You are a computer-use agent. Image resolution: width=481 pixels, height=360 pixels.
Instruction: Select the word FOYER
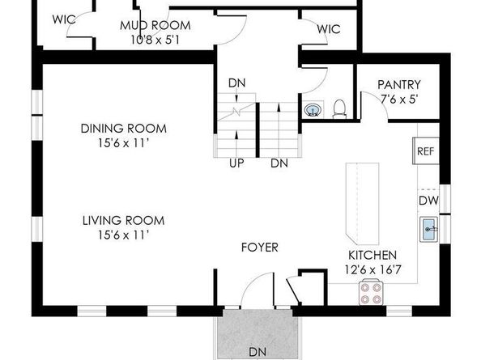(x=259, y=248)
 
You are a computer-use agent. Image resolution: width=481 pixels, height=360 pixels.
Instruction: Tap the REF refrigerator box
(x=426, y=151)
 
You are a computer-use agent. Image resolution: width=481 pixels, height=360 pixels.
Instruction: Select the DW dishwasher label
(x=428, y=201)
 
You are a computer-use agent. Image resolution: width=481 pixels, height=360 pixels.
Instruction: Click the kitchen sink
(x=429, y=230)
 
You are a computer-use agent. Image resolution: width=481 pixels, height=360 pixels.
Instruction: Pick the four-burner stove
(x=371, y=293)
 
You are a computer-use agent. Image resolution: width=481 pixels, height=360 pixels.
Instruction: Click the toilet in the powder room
(x=339, y=109)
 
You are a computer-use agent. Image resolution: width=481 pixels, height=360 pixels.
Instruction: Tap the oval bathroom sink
(x=313, y=110)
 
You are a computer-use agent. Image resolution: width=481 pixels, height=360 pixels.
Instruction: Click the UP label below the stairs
(x=236, y=163)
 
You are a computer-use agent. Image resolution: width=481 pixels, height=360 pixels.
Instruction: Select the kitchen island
(x=362, y=204)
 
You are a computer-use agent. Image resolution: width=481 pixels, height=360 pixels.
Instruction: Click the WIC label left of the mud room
(x=64, y=19)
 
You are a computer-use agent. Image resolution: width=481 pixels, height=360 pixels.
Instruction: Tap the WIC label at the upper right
(x=329, y=29)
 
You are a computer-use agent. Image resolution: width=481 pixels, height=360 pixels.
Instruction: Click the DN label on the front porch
(x=258, y=352)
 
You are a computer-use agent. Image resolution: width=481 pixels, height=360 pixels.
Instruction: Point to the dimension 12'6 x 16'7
(x=372, y=270)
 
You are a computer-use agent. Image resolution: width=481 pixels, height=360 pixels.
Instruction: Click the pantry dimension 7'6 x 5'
(x=398, y=100)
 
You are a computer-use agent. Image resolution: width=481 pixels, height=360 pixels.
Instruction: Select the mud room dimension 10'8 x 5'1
(x=155, y=40)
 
